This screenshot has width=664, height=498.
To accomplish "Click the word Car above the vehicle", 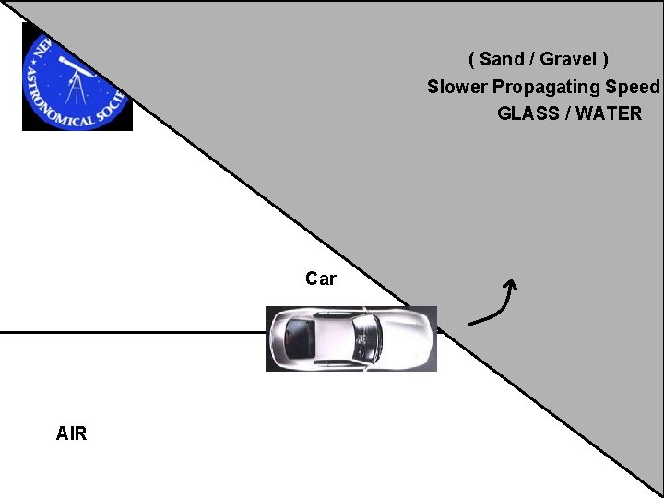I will [321, 279].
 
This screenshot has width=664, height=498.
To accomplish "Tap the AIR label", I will [71, 433].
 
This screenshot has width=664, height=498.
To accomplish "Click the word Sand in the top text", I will [502, 60].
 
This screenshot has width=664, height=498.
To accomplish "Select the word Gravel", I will [568, 60].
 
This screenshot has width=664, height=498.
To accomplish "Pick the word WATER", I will [608, 114].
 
